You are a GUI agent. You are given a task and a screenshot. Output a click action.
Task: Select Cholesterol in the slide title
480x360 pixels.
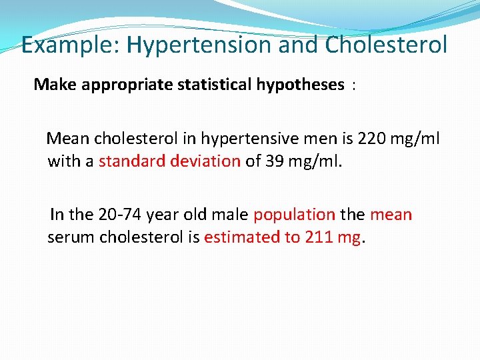[x=386, y=45]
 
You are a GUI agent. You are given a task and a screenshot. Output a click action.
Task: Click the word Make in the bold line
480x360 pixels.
[x=51, y=85]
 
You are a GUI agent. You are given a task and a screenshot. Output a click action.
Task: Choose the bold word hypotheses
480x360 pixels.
[x=301, y=85]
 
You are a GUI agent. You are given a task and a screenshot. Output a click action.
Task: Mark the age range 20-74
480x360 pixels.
[x=120, y=215]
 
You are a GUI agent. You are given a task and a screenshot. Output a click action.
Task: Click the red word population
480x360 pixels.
[x=294, y=215]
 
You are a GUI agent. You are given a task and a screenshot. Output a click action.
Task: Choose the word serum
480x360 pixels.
[x=71, y=237]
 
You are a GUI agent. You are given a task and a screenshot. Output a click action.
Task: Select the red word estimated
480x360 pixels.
[x=241, y=237]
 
